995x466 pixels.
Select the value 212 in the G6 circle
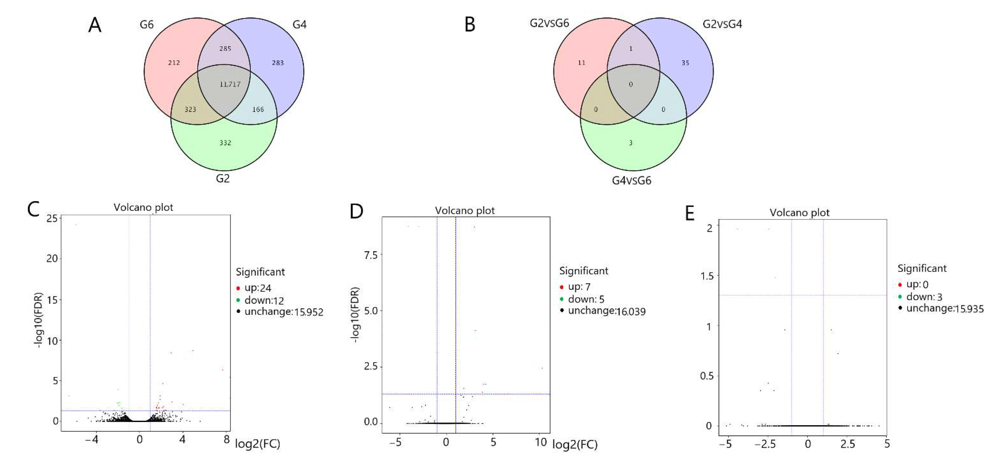coord(174,63)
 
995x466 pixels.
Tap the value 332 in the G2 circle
coord(225,143)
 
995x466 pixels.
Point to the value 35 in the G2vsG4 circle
coord(685,63)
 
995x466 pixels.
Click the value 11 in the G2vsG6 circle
coord(581,63)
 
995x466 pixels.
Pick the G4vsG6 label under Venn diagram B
coord(631,181)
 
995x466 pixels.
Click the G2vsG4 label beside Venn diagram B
coord(722,24)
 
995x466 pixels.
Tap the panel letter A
coord(95,25)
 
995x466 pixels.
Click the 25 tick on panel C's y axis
coord(52,219)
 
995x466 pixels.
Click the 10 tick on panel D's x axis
coord(541,442)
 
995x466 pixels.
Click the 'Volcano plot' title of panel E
coord(799,213)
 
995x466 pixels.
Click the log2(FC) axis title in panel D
coord(575,445)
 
